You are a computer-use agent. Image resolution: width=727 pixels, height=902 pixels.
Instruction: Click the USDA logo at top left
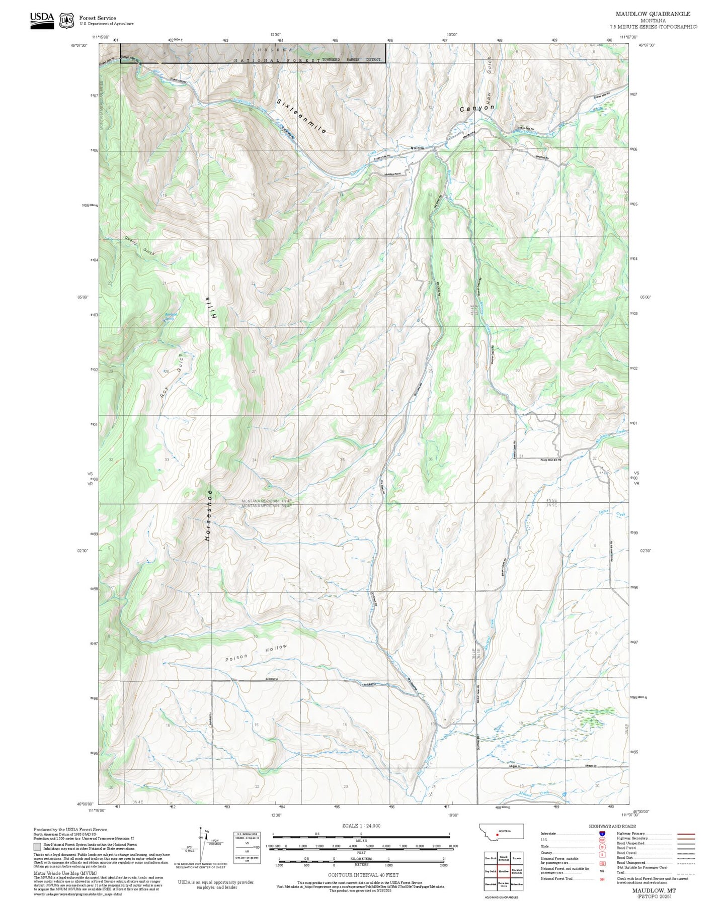coord(42,20)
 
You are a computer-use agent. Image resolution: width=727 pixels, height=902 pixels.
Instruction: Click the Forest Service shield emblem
coord(66,21)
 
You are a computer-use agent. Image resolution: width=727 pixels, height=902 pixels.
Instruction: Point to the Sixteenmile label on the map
coord(301,116)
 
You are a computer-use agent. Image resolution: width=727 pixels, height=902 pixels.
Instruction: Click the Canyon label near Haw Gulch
coord(476,108)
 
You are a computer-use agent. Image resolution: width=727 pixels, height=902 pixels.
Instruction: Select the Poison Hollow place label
coord(256,653)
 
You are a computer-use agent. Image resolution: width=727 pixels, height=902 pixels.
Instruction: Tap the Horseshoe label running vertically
coord(208,515)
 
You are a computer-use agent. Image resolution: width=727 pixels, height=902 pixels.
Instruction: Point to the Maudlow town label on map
coord(417,148)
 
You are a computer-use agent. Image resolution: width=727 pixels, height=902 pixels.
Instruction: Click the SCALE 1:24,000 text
coord(361,826)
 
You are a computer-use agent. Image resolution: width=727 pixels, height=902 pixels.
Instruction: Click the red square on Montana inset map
coord(497,834)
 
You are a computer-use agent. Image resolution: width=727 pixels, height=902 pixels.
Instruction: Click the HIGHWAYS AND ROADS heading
coord(612,826)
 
